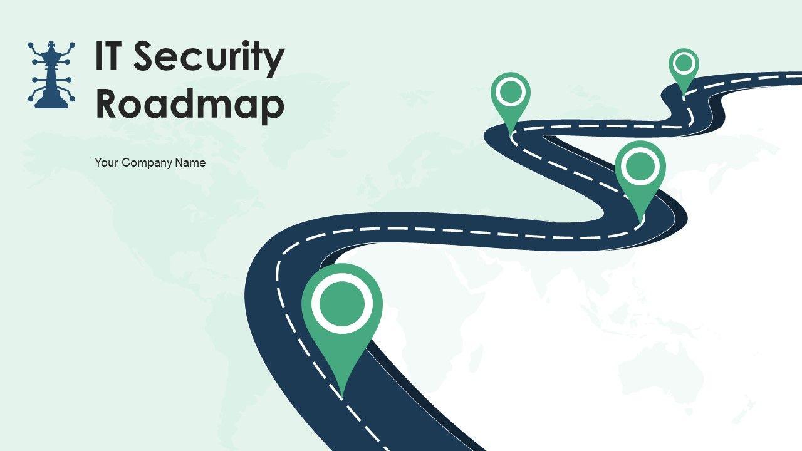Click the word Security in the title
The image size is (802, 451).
(208, 58)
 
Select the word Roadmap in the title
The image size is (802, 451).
(190, 105)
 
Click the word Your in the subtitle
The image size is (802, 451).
(107, 163)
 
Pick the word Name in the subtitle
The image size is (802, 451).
(190, 163)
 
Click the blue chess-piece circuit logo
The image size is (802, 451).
(51, 75)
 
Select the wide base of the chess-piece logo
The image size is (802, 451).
(51, 103)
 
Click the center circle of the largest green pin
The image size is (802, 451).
(341, 303)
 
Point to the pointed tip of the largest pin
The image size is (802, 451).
(341, 395)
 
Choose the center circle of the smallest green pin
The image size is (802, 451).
(684, 63)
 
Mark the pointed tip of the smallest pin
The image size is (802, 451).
(684, 96)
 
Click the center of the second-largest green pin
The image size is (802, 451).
(640, 167)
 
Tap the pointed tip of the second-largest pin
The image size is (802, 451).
(640, 222)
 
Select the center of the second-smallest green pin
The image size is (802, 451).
(511, 92)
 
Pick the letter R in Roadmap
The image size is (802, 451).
(107, 105)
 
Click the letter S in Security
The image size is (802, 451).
(143, 57)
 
